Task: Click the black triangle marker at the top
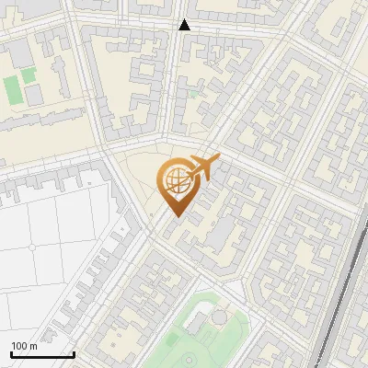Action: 184,25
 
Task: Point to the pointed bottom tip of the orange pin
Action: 175,217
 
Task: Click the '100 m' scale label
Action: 25,346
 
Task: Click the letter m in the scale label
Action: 33,346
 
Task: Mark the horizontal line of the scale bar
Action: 42,354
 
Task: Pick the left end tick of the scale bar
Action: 11,352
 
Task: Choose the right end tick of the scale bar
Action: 74,352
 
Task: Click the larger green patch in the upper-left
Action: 12,90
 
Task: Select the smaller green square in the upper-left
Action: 29,74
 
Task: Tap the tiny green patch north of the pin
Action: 193,92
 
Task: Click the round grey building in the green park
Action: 219,317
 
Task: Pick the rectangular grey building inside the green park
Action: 197,324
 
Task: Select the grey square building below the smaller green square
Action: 34,94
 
